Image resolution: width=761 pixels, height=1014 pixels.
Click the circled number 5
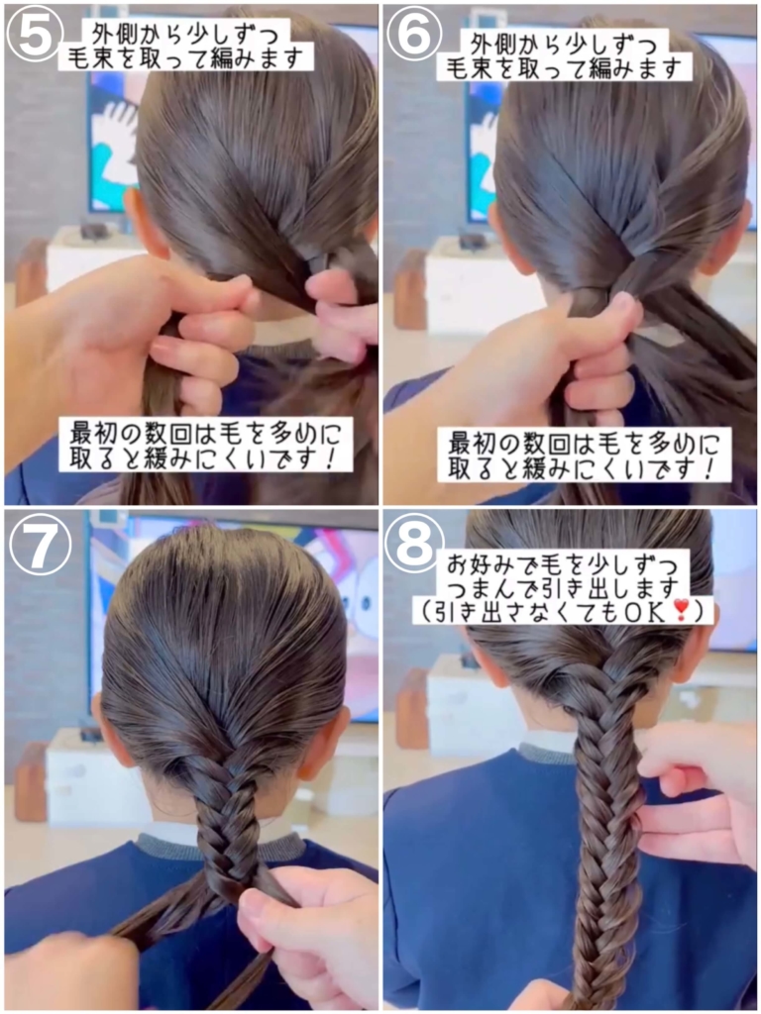[x=35, y=35]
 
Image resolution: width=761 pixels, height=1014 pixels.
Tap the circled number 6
[x=413, y=35]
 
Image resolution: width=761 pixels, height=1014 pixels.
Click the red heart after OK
[x=680, y=609]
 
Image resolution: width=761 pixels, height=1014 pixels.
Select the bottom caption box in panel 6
[x=585, y=455]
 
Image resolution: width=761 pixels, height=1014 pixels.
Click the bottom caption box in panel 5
[x=206, y=444]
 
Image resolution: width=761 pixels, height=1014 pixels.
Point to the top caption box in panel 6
[x=564, y=54]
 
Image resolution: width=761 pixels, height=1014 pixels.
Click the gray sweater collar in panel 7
[x=220, y=848]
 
